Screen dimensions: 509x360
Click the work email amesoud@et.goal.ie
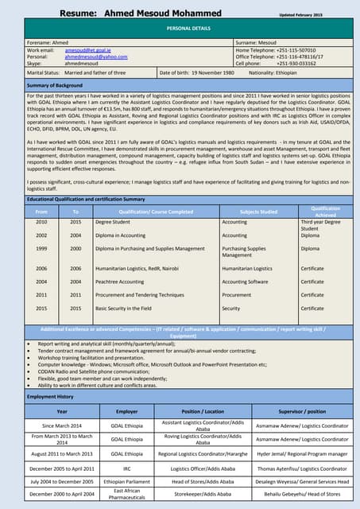click(88, 50)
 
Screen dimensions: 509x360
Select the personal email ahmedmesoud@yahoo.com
click(96, 57)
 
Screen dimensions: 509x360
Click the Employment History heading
click(50, 396)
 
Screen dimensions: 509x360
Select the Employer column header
click(127, 411)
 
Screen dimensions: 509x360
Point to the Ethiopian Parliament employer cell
click(127, 482)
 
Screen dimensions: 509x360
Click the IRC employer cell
click(127, 468)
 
